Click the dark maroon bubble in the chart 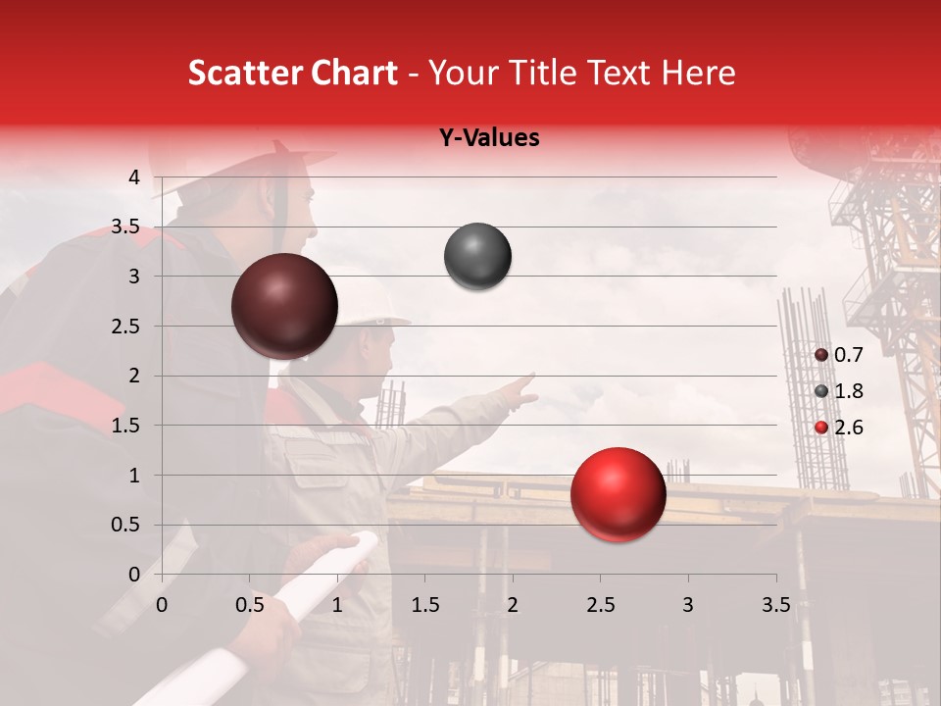coord(284,306)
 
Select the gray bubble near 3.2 coord(477,257)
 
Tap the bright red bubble coord(618,494)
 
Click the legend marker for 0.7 coord(821,355)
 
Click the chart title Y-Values coord(489,138)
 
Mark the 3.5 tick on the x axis coord(775,605)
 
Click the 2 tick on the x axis coord(513,605)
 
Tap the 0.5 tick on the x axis coord(250,605)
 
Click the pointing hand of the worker coord(520,389)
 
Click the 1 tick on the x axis coord(338,605)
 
